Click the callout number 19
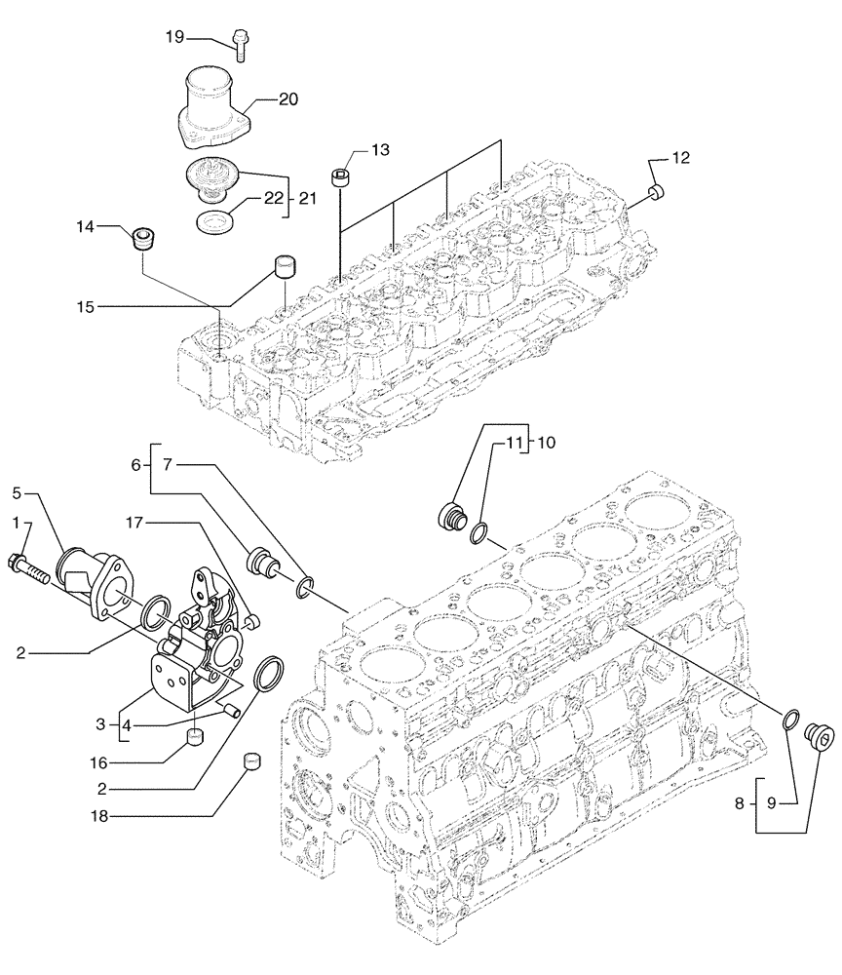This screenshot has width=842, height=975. [172, 37]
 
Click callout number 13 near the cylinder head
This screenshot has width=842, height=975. [379, 149]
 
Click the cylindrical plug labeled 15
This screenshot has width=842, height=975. [286, 264]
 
